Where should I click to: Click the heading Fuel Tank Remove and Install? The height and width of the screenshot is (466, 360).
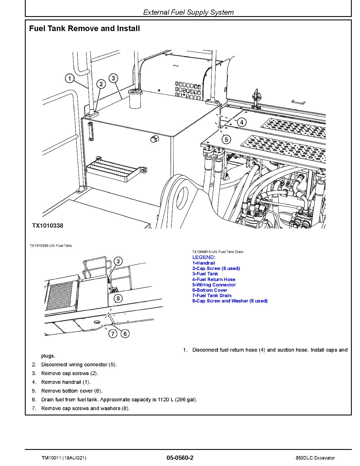[84, 29]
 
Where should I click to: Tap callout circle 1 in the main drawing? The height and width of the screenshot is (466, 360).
[69, 78]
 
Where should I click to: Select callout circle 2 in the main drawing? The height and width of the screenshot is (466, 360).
[101, 84]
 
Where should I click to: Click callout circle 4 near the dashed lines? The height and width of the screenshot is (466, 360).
[241, 122]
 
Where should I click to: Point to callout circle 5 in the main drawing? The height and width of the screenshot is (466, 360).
[226, 139]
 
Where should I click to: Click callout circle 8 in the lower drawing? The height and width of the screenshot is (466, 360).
[118, 298]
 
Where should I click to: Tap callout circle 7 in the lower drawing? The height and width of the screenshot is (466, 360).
[113, 334]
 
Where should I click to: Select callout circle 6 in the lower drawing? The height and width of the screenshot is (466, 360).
[125, 334]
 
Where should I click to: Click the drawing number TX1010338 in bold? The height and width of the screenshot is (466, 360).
[47, 226]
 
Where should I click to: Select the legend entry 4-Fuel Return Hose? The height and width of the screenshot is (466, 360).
[214, 279]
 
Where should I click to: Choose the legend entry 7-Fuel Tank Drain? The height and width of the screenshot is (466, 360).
[212, 295]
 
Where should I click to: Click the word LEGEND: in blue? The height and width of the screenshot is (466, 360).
[204, 257]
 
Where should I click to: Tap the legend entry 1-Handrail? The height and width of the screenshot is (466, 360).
[204, 263]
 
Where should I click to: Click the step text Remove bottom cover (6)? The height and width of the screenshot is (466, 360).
[72, 391]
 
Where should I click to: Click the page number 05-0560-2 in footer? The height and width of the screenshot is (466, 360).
[180, 458]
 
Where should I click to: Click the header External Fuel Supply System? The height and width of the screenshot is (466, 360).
[188, 12]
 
